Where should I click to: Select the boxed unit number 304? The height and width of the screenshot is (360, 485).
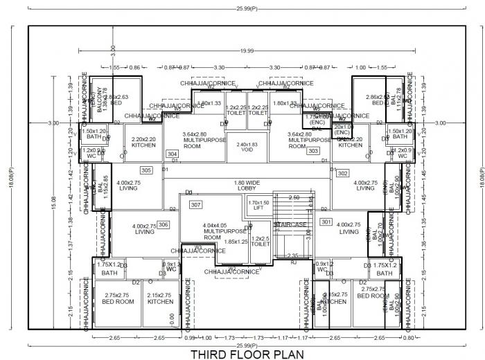coord(173,154)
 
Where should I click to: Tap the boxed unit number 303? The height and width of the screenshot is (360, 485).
coord(313,151)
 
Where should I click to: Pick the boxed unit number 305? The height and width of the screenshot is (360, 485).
coord(146,170)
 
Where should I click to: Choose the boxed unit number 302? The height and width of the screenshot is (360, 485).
coord(342,174)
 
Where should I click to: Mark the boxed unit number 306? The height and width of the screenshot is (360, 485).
coord(164,225)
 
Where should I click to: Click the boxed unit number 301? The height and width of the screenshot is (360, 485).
coord(326,222)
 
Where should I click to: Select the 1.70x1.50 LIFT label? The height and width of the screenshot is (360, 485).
coord(258,205)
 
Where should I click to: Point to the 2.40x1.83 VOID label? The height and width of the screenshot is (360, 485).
coord(247,148)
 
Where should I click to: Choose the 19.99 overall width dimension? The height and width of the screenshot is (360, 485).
coord(246,51)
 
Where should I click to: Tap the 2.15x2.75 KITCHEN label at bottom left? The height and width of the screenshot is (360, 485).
coord(160,298)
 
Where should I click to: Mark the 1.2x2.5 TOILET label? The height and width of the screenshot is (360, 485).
coord(261,242)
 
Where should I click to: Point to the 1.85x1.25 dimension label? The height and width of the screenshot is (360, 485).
coord(236,242)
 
